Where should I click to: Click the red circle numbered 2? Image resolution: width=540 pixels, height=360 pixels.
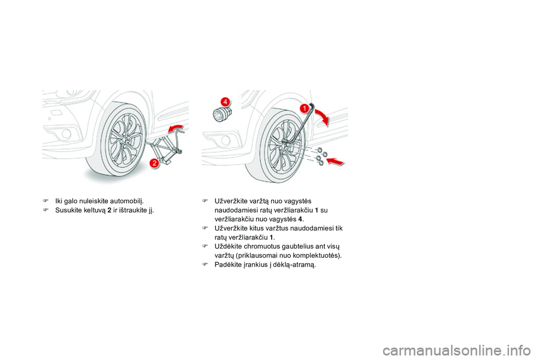154,163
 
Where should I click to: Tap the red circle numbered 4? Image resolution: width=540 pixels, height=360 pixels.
224,101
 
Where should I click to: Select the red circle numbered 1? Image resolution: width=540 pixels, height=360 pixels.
303,107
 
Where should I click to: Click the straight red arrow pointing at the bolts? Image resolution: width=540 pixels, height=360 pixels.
336,161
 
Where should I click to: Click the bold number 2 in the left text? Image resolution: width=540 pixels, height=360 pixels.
108,211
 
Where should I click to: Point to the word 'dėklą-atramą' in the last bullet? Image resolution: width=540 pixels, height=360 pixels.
298,265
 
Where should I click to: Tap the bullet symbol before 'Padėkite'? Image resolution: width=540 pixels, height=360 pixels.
206,265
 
